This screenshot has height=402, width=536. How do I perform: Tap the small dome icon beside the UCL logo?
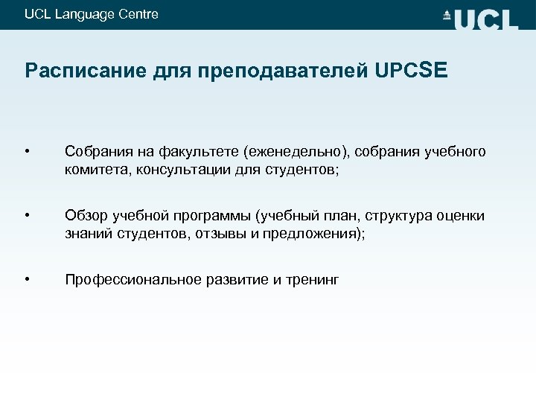pos(447,16)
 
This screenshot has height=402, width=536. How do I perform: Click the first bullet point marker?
pos(28,153)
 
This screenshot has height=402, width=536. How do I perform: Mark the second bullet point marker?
pos(28,217)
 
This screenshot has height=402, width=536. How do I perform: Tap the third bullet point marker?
pos(28,280)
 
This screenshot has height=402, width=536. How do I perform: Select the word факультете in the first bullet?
pos(201,153)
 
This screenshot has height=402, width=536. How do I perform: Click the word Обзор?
pos(86,217)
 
